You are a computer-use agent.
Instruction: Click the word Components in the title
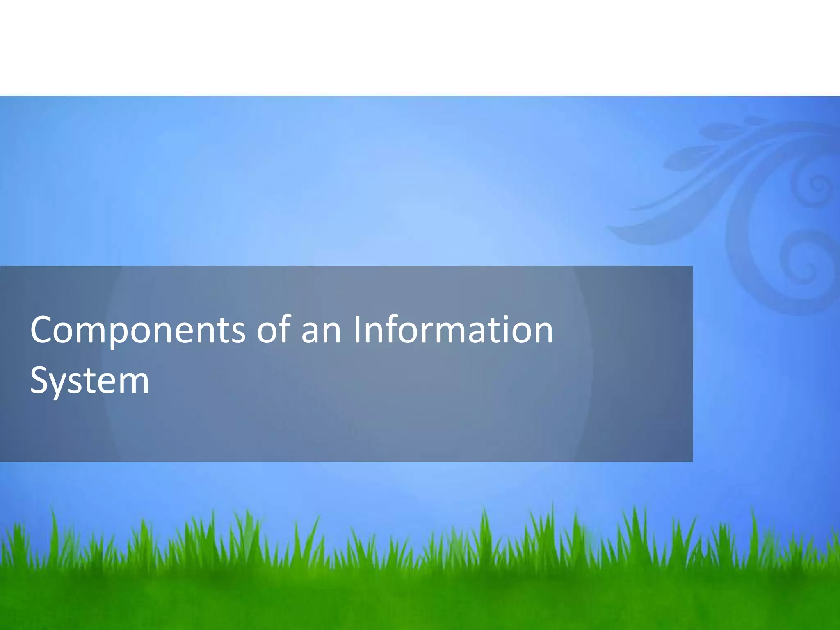pos(137,330)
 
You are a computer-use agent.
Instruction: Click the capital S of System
pos(40,380)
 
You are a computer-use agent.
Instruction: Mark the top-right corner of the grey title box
pos(692,267)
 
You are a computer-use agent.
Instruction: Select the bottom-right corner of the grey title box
pos(692,461)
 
